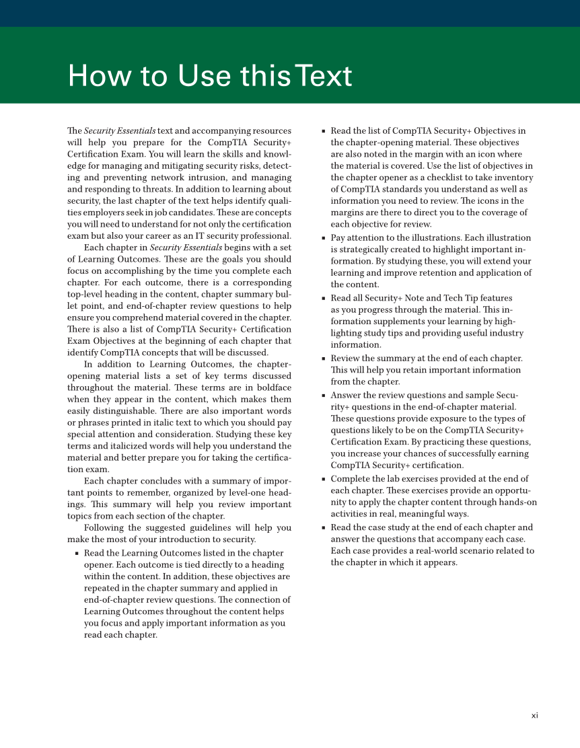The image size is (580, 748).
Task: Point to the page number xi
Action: click(x=534, y=716)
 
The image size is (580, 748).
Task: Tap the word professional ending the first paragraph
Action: click(x=266, y=236)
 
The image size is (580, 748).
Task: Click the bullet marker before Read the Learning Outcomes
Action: click(x=76, y=554)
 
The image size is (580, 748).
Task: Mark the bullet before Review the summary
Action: click(x=323, y=359)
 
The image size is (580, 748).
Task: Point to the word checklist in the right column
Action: click(x=425, y=178)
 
